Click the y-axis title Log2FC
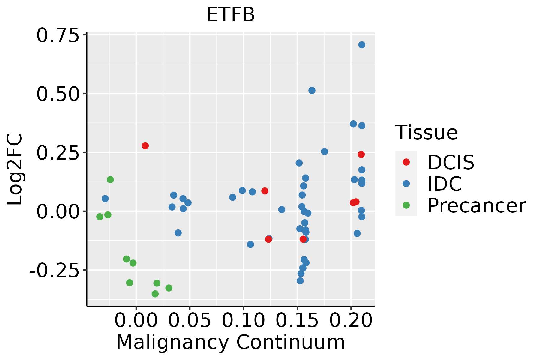15,169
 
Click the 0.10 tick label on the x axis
243,321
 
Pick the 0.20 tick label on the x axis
351,321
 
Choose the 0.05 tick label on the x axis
190,321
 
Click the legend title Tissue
426,133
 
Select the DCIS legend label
451,162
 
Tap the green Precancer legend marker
406,205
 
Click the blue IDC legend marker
406,184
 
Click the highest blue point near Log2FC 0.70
362,45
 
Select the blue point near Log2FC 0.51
312,90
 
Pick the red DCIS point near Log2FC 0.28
145,145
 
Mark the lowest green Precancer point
155,294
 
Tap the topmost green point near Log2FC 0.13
110,179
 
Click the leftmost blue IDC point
105,199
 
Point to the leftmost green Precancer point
100,217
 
